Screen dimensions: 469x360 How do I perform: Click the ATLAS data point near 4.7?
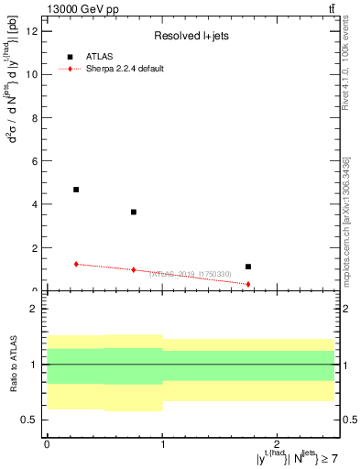[x=76, y=190]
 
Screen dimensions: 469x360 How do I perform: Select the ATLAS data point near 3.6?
[x=134, y=212]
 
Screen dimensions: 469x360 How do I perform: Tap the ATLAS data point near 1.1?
[x=248, y=267]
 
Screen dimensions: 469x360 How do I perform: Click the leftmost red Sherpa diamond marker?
[x=76, y=264]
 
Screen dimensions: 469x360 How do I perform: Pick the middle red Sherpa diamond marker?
[x=134, y=269]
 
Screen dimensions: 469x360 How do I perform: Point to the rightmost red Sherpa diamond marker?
[x=248, y=284]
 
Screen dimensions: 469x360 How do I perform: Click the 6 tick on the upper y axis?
[x=35, y=161]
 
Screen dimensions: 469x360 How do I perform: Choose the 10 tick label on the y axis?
[x=32, y=75]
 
